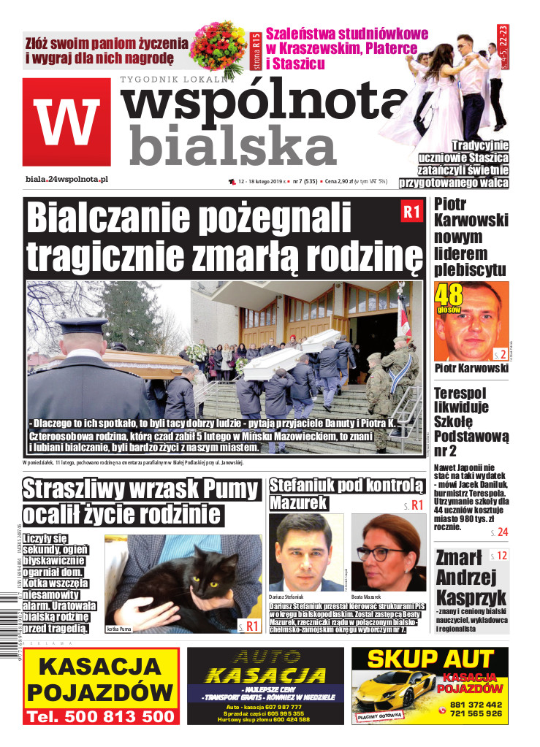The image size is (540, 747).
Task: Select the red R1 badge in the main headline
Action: pyautogui.click(x=411, y=212)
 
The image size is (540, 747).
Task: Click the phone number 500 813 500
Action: pyautogui.click(x=102, y=717)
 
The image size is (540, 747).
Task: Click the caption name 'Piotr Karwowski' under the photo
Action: pyautogui.click(x=471, y=367)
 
